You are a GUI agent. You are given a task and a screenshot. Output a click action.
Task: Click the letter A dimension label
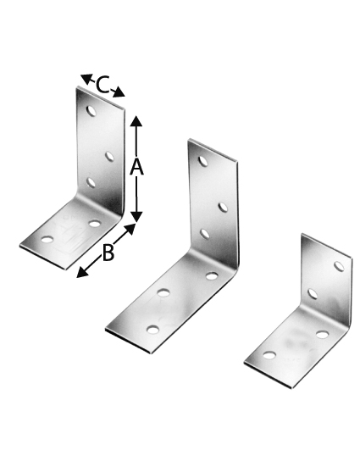pyautogui.click(x=136, y=168)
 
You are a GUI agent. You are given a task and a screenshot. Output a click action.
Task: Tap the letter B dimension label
pyautogui.click(x=108, y=253)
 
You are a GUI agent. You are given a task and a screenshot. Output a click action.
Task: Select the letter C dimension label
pyautogui.click(x=102, y=85)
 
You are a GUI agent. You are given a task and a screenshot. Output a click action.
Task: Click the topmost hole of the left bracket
pyautogui.click(x=91, y=110)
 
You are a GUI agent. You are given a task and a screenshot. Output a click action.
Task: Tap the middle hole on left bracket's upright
pyautogui.click(x=109, y=155)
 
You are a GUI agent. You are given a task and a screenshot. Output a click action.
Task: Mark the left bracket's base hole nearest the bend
pyautogui.click(x=94, y=224)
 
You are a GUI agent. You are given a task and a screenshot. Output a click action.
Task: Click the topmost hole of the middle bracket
pyautogui.click(x=203, y=160)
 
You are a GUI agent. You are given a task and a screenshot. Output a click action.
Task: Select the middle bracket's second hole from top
pyautogui.click(x=222, y=207)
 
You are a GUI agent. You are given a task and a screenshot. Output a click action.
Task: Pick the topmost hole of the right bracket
pyautogui.click(x=339, y=266)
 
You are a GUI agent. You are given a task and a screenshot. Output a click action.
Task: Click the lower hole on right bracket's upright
pyautogui.click(x=313, y=294)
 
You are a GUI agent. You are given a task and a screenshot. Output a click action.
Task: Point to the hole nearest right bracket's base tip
pyautogui.click(x=269, y=354)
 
